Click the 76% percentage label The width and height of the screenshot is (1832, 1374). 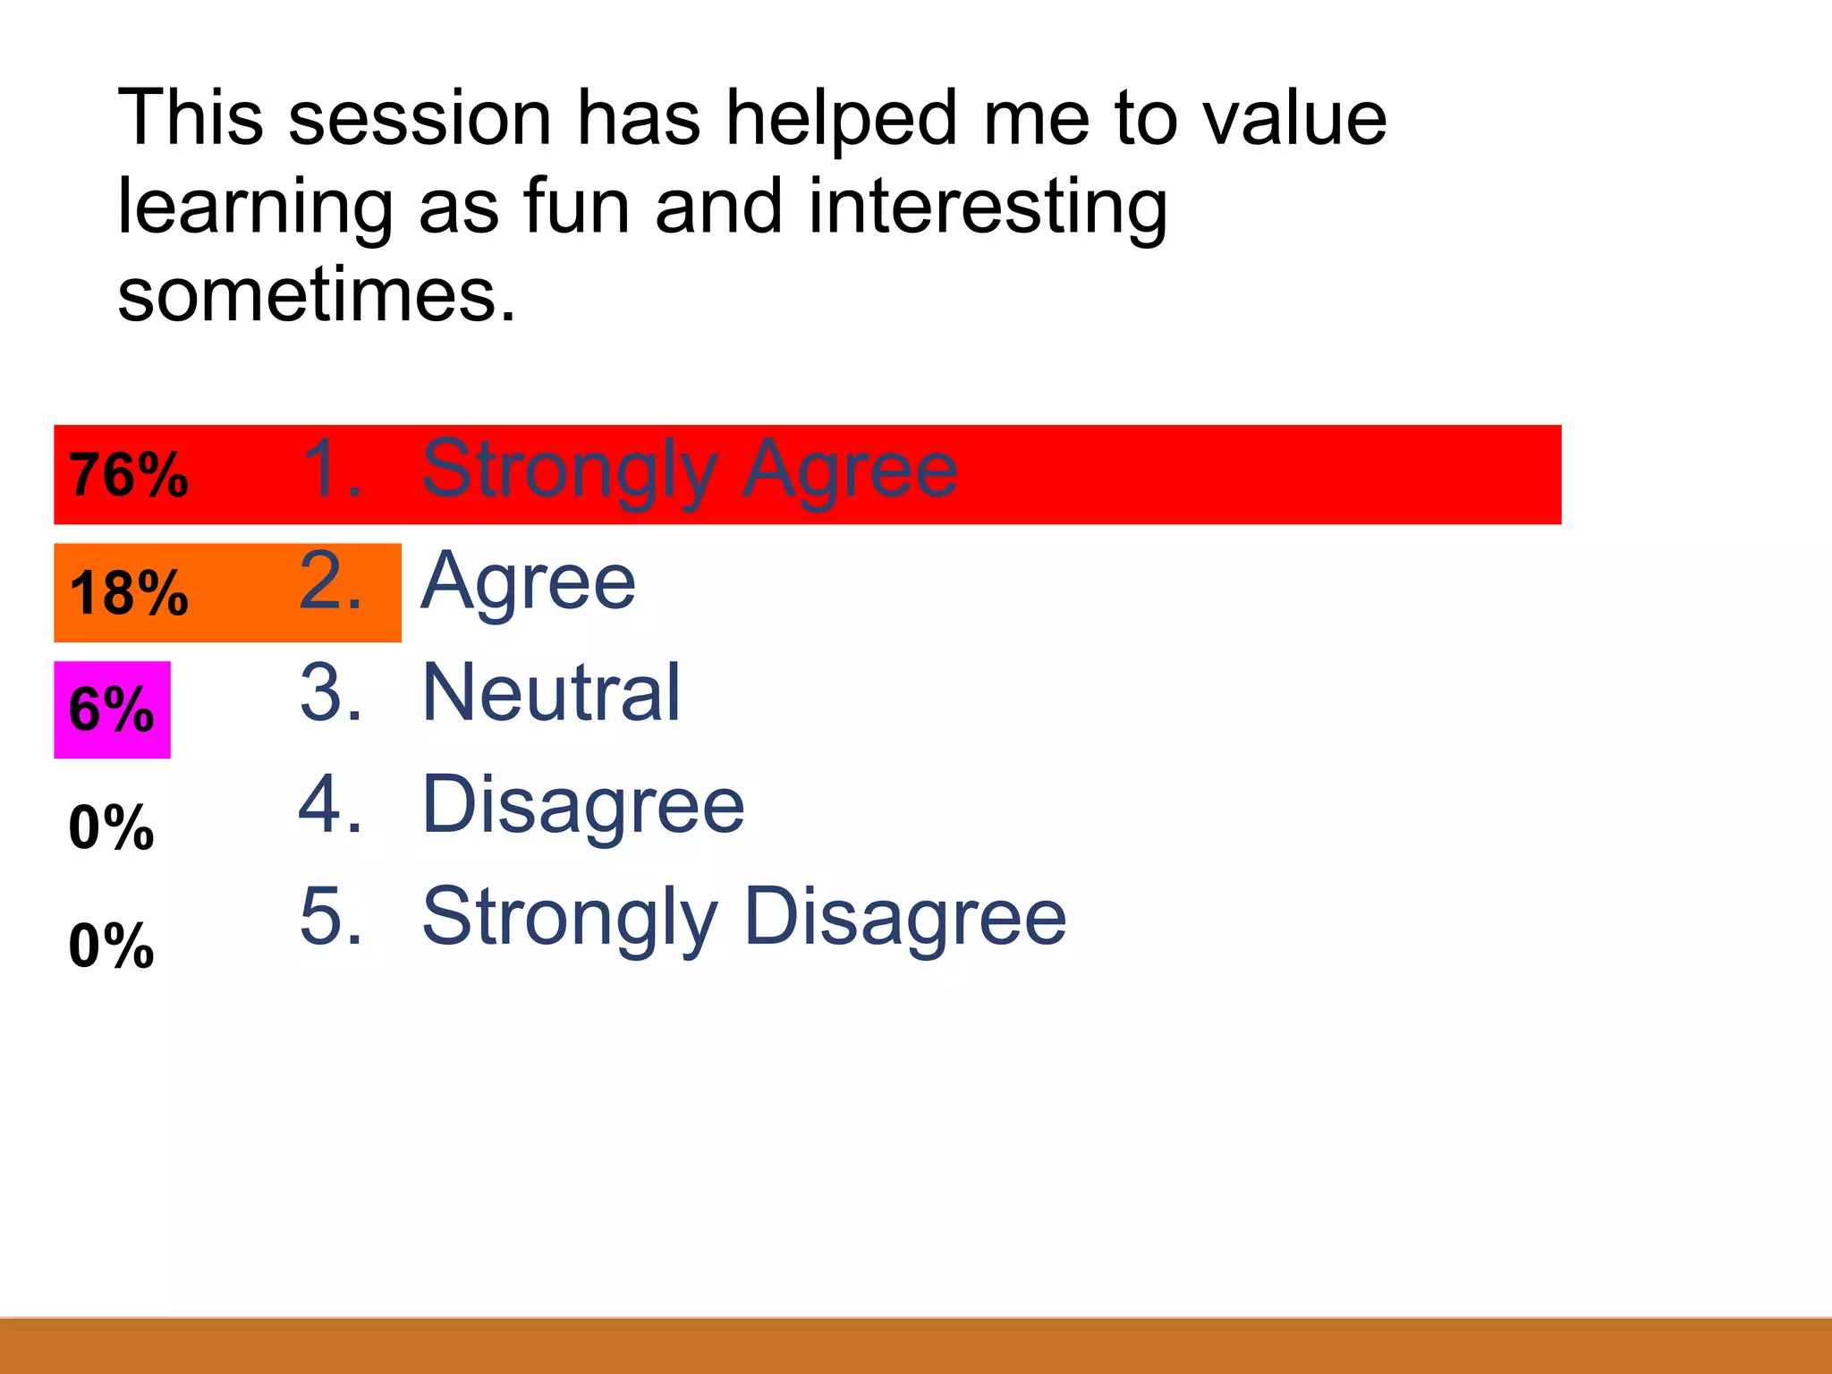coord(129,475)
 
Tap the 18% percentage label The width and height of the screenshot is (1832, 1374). coord(129,593)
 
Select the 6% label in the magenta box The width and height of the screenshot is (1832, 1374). coord(112,710)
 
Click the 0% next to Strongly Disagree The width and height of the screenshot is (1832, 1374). coord(112,946)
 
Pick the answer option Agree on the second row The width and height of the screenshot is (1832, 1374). coord(529,581)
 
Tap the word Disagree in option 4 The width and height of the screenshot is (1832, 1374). coord(583,805)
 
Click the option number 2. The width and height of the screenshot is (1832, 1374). coord(332,581)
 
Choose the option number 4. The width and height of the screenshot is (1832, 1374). coord(332,805)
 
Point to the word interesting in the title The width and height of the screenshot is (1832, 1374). coord(988,208)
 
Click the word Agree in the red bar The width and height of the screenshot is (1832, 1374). coord(851,470)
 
